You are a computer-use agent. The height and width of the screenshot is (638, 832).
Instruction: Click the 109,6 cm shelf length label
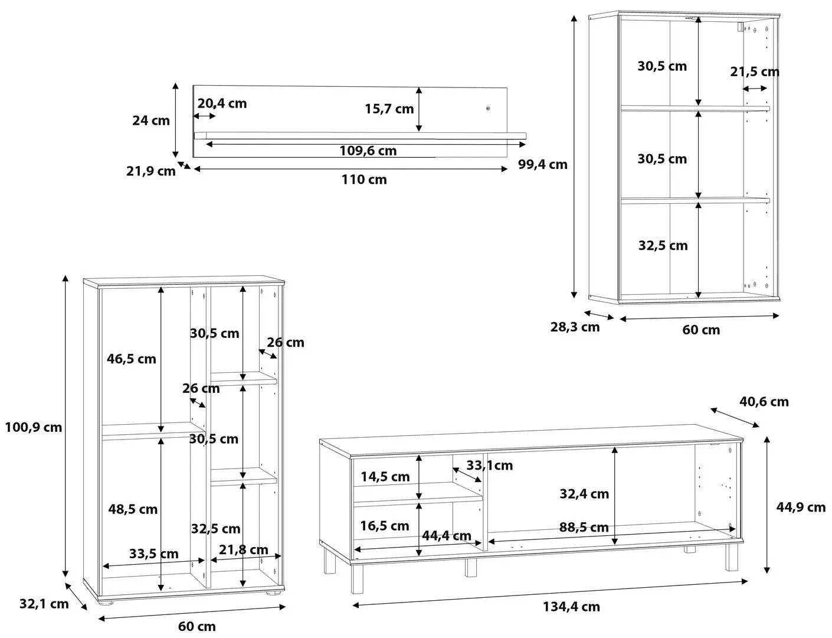pos(368,151)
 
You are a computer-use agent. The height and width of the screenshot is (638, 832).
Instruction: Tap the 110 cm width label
pos(364,180)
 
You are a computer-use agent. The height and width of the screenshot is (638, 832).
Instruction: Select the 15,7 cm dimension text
pos(389,109)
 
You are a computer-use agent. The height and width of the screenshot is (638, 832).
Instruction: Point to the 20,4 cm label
pos(222,103)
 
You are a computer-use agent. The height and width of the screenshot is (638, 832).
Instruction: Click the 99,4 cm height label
pos(542,164)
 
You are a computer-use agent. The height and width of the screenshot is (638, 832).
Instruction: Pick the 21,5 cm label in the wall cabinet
pos(754,71)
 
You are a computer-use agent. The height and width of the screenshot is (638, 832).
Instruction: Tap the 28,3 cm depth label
pos(575,327)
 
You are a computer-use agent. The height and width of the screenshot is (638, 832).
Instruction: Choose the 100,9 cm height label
pos(33,427)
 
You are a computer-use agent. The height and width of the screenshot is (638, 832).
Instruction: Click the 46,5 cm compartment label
pos(132,359)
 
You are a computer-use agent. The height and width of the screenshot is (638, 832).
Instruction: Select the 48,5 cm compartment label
pos(133,509)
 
